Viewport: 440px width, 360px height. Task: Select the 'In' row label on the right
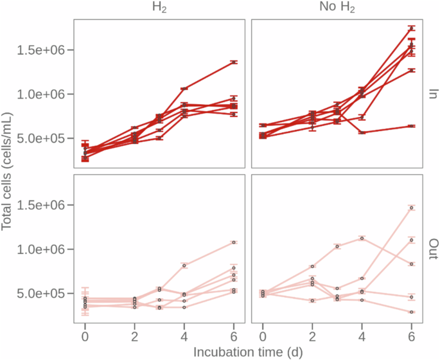tap(432, 94)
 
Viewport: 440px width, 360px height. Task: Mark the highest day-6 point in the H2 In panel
tap(234, 62)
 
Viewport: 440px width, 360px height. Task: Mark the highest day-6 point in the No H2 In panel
tap(412, 28)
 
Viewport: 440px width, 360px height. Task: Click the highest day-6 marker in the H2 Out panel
tap(234, 242)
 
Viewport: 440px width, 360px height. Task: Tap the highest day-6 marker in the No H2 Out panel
tap(412, 208)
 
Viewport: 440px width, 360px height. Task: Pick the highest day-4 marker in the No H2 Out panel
tap(362, 238)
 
